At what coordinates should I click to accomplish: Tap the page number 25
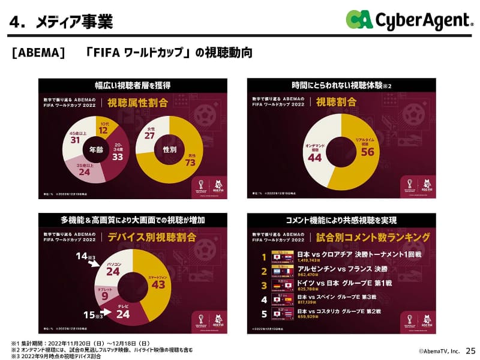click(470, 350)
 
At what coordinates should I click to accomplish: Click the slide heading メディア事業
click(74, 22)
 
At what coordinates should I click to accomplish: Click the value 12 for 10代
click(103, 130)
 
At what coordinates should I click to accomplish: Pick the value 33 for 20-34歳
click(118, 157)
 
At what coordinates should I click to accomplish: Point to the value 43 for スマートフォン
click(158, 284)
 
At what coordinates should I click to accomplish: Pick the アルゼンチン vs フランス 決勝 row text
click(338, 269)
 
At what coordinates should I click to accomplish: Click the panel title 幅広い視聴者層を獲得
click(133, 85)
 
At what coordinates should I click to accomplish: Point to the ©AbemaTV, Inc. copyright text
click(439, 351)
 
